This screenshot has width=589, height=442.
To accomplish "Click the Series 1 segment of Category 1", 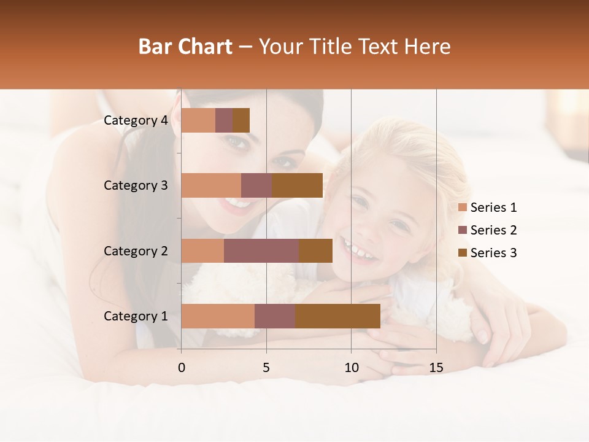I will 218,316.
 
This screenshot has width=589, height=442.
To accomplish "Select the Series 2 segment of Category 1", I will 275,316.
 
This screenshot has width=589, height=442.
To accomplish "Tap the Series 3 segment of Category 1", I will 337,316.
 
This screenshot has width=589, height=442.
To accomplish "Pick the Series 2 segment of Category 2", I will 261,250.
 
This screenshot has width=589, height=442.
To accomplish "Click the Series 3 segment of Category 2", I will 315,250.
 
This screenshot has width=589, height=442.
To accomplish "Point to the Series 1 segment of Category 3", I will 211,185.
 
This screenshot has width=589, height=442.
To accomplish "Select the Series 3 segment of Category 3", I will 297,185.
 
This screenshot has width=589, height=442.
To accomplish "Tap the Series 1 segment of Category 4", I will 198,120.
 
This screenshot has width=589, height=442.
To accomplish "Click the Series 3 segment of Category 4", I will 241,120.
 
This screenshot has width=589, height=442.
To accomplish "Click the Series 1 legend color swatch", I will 463,207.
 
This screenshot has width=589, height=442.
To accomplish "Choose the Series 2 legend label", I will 493,230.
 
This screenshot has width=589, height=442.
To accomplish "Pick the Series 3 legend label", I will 493,253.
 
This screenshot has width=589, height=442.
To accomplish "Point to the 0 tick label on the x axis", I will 181,368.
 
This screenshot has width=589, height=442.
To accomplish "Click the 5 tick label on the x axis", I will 266,368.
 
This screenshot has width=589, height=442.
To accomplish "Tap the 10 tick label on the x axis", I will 351,368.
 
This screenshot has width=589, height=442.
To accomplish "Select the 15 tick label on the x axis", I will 436,368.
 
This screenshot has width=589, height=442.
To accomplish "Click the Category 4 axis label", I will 136,120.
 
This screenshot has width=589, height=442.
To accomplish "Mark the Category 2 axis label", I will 136,250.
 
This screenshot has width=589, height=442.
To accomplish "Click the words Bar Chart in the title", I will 185,47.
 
